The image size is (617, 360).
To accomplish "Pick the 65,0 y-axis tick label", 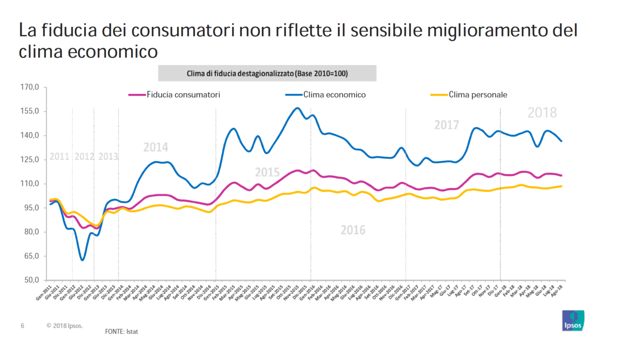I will pyautogui.click(x=32, y=256).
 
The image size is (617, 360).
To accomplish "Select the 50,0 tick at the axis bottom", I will pyautogui.click(x=32, y=280).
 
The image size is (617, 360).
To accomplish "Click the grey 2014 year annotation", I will pyautogui.click(x=156, y=147).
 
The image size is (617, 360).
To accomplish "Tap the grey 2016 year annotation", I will pyautogui.click(x=353, y=230).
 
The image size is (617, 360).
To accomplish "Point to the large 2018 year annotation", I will pyautogui.click(x=542, y=113).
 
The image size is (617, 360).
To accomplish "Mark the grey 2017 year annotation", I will pyautogui.click(x=446, y=125).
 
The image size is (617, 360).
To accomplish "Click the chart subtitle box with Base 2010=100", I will pyautogui.click(x=267, y=73).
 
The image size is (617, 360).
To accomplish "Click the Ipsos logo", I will pyautogui.click(x=573, y=320).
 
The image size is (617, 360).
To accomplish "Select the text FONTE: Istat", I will pyautogui.click(x=121, y=331).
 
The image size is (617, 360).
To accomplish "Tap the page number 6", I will pyautogui.click(x=22, y=325).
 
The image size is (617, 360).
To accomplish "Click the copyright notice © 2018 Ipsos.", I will pyautogui.click(x=65, y=325).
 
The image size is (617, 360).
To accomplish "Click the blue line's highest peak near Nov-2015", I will pyautogui.click(x=298, y=108).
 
